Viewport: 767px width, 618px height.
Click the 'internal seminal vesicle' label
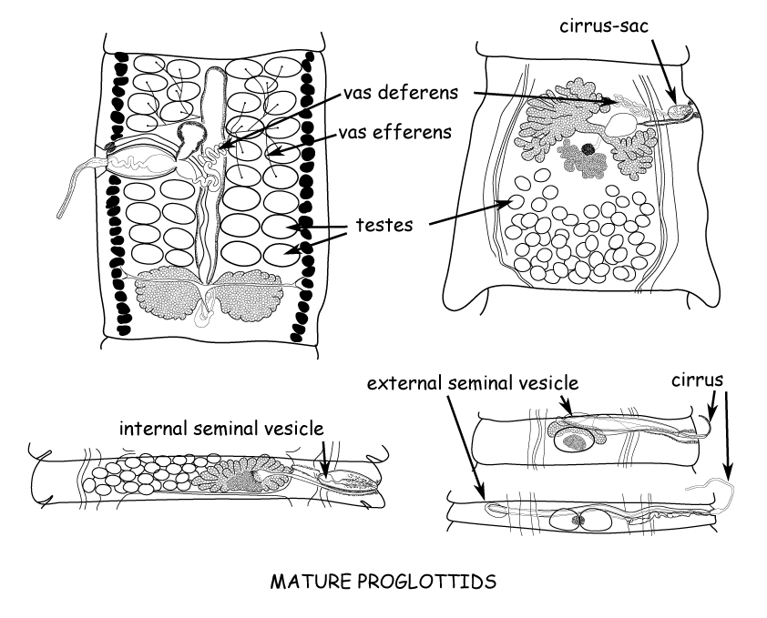(x=222, y=426)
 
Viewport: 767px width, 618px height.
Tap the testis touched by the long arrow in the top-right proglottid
(x=515, y=204)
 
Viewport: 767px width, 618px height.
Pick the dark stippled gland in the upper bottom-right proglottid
(x=575, y=441)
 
